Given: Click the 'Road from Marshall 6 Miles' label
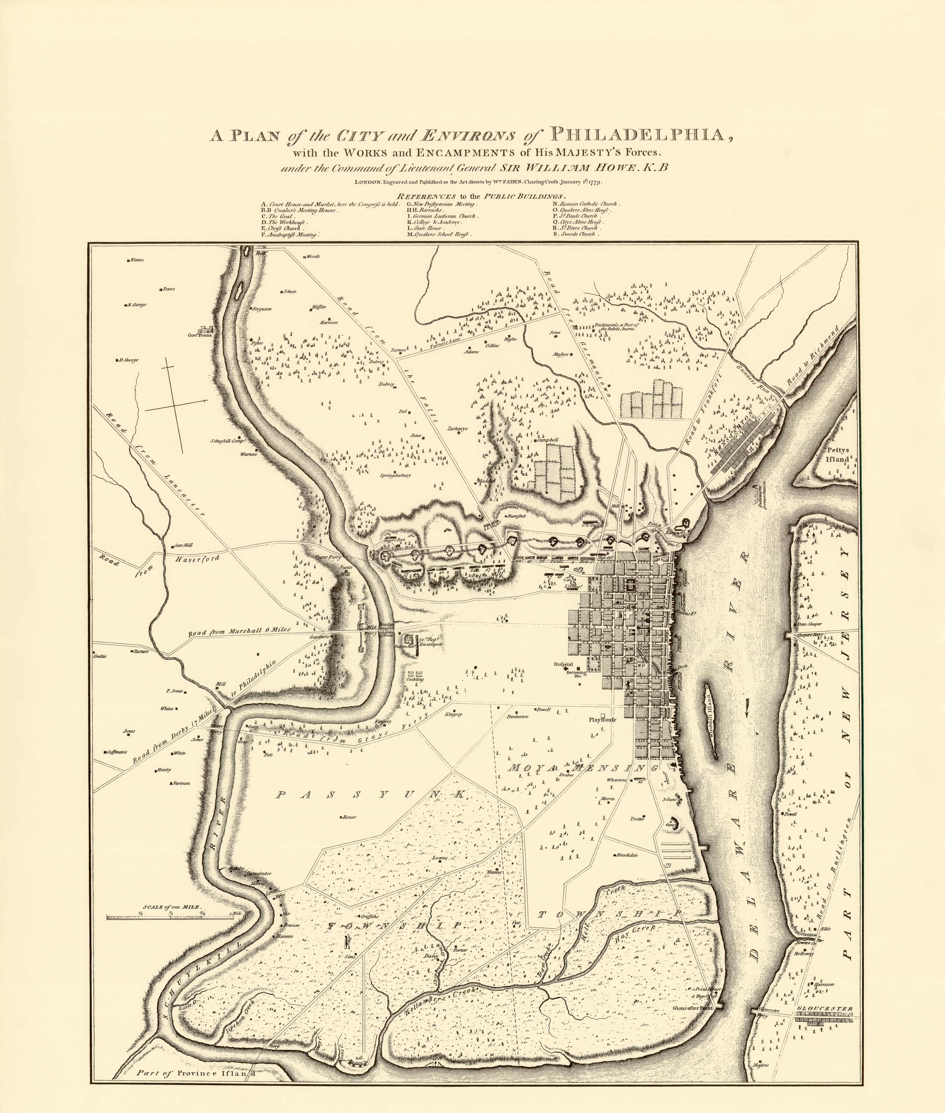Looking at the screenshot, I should tap(239, 632).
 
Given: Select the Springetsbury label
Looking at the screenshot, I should tap(395, 475).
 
